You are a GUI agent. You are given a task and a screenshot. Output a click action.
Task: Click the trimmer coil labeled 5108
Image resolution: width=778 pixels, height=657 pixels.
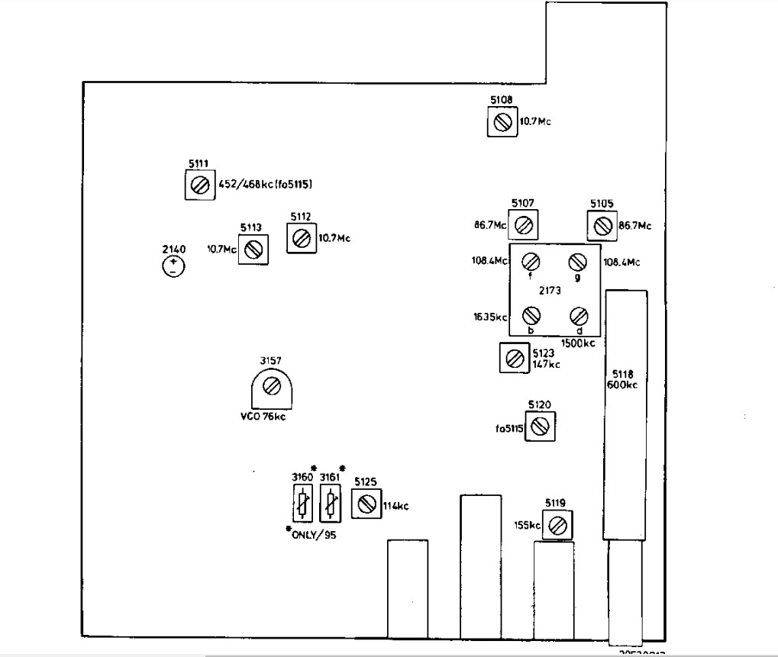click(502, 122)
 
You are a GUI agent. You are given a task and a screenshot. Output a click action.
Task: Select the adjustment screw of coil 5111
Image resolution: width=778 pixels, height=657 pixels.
click(199, 185)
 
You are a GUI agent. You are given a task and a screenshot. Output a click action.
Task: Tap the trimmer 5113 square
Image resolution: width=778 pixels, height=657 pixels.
click(253, 249)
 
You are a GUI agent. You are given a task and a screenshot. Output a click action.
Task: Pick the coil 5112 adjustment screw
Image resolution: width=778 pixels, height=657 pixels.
click(301, 238)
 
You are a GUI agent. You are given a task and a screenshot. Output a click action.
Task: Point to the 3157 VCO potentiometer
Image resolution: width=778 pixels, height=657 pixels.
click(271, 387)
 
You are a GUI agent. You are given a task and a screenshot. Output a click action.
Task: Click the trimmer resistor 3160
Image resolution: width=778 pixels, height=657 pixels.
click(303, 503)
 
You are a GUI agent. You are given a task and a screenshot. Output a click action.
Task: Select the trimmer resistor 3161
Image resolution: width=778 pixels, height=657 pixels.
click(331, 503)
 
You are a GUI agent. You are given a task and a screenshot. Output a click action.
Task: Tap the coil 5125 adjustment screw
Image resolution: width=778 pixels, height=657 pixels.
click(366, 504)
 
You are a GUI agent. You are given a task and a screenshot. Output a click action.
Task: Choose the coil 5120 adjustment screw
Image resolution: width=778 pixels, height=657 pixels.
click(540, 427)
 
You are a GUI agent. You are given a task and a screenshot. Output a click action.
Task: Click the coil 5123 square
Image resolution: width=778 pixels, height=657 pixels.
click(514, 356)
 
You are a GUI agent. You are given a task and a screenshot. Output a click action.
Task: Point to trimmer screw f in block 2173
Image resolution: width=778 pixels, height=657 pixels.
click(531, 262)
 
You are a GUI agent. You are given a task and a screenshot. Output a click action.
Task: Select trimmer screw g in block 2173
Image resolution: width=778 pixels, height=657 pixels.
click(577, 262)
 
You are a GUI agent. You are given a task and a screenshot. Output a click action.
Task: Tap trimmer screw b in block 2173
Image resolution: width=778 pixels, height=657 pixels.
click(531, 314)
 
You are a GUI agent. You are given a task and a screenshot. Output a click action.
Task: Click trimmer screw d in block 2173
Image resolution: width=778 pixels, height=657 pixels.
click(578, 314)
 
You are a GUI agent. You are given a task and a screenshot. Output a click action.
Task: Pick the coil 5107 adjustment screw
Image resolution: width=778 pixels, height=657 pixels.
click(523, 225)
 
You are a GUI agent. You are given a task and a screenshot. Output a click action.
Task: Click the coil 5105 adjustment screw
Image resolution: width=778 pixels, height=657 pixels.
click(602, 225)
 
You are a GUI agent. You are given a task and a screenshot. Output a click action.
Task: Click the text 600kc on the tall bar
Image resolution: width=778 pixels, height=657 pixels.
click(625, 385)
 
